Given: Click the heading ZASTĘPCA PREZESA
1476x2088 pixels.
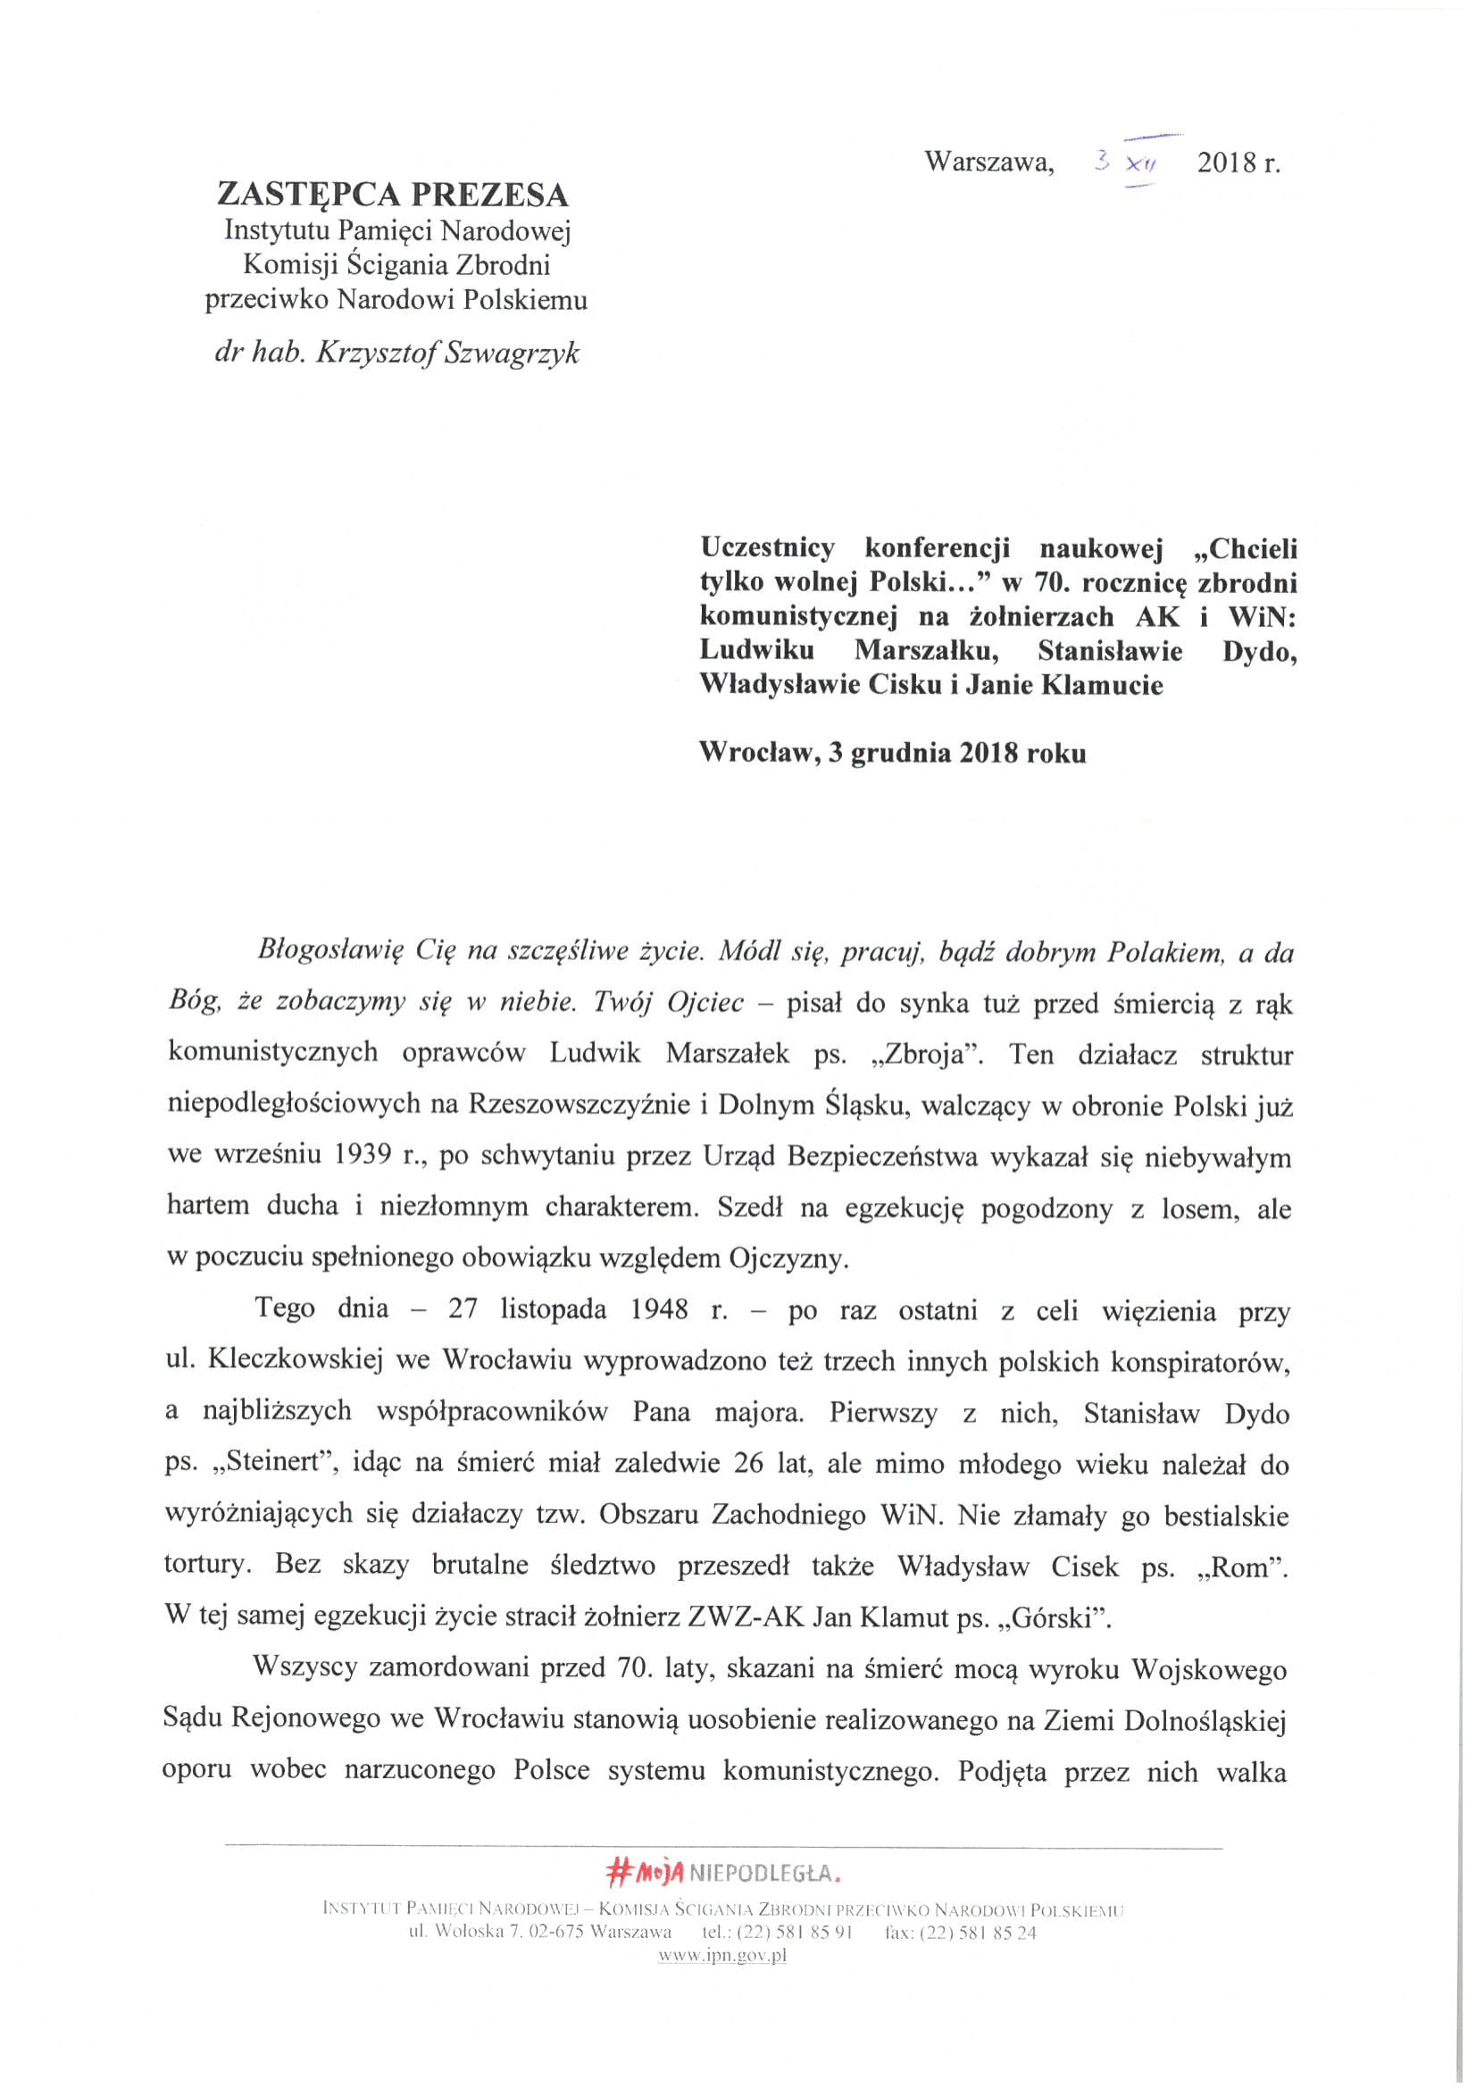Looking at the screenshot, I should click(x=392, y=195).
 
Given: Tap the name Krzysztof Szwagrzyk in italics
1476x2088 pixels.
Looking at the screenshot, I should click(x=446, y=353).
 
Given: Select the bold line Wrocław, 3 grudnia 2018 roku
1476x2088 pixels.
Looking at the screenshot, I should click(x=891, y=753).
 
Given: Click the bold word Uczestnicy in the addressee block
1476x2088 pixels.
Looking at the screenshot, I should click(x=766, y=548).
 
